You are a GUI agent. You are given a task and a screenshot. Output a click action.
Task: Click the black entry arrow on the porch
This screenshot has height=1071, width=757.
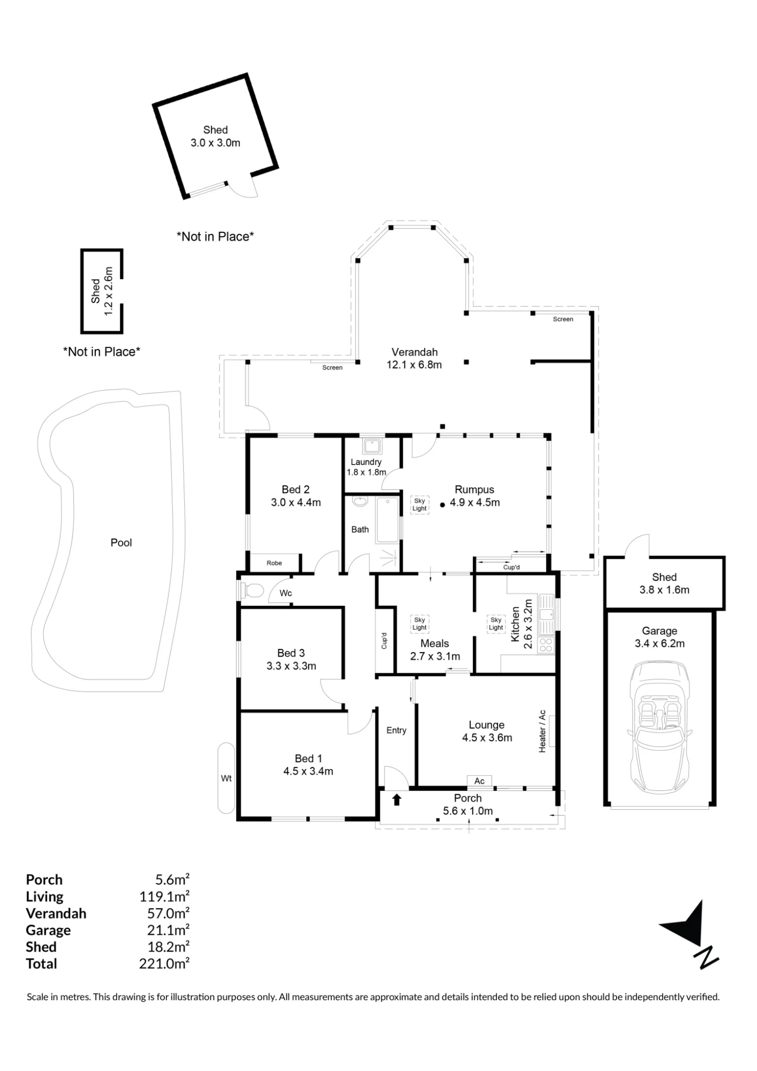click(397, 800)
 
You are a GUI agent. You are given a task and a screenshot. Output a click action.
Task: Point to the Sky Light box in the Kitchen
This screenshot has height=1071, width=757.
click(496, 624)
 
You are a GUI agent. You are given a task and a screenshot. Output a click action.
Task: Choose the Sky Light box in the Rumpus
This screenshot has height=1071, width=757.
click(420, 505)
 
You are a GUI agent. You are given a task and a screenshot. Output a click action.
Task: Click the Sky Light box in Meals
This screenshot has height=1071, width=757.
click(420, 624)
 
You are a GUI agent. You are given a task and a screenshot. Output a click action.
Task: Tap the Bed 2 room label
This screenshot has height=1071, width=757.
click(296, 496)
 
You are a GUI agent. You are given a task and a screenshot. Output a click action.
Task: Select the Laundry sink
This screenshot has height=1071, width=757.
click(372, 446)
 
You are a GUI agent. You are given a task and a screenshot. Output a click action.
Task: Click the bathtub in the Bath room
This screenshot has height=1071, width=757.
click(388, 520)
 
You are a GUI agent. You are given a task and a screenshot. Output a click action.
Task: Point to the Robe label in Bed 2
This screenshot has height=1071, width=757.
click(274, 563)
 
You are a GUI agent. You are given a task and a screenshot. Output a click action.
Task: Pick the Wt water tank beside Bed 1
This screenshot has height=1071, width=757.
click(226, 778)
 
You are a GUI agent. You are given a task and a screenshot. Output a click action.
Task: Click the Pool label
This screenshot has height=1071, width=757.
click(121, 542)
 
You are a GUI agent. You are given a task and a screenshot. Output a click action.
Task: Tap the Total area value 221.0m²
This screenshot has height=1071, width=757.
click(164, 964)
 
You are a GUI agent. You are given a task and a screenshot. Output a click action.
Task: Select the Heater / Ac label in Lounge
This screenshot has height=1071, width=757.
click(542, 731)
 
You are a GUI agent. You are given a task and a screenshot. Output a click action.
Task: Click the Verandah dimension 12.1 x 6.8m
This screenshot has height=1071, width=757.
click(414, 365)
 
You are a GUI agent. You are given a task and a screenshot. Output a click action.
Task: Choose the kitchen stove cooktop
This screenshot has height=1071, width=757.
click(546, 645)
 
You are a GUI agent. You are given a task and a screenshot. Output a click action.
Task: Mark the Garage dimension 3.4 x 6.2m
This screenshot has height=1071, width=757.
click(660, 644)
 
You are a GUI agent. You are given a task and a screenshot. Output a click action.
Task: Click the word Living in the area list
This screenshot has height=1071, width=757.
click(44, 897)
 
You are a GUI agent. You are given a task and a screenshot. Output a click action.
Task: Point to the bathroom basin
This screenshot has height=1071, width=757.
click(360, 502)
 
